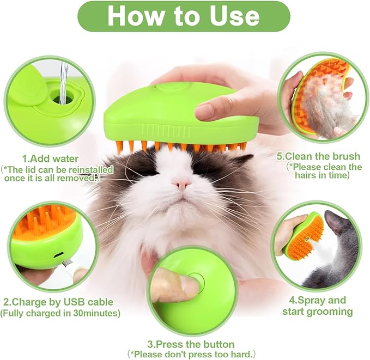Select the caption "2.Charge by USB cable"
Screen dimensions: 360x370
pos(58,302)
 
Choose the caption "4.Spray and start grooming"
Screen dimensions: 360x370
pos(317,306)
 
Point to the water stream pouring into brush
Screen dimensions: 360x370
pos(63,82)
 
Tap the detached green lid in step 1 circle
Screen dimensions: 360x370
pos(25,95)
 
